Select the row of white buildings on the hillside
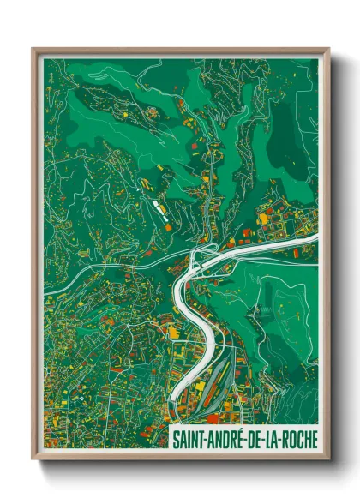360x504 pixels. (159, 207)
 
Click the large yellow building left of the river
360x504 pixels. (172, 331)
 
